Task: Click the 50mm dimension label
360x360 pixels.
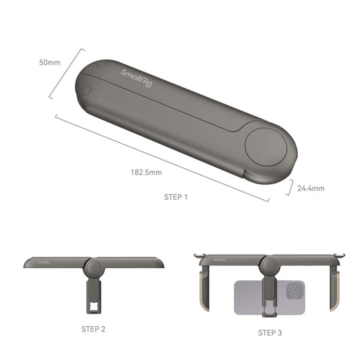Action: tap(49, 62)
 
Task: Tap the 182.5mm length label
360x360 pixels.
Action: tap(146, 173)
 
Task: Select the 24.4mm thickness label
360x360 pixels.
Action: tap(311, 188)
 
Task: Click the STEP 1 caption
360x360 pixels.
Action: tap(176, 197)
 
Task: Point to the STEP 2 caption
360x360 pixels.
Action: tap(93, 329)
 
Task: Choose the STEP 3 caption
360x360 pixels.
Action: tap(270, 333)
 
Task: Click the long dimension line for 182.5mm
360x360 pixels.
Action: tap(162, 159)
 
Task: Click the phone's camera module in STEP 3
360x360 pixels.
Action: tap(293, 292)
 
